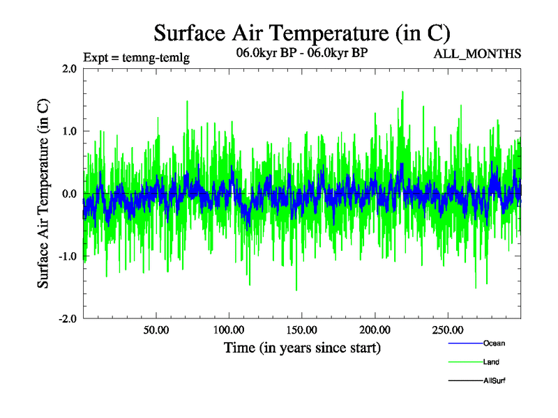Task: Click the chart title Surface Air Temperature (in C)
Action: pyautogui.click(x=302, y=33)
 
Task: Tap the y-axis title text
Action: pyautogui.click(x=43, y=194)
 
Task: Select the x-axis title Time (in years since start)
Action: pyautogui.click(x=302, y=347)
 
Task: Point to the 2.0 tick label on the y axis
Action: pyautogui.click(x=69, y=69)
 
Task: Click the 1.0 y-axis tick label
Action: pyautogui.click(x=69, y=131)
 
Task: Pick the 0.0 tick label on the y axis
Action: pyautogui.click(x=69, y=194)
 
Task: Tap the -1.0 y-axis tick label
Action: pyautogui.click(x=67, y=256)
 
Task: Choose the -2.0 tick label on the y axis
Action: pyautogui.click(x=67, y=318)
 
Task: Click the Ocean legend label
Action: pyautogui.click(x=494, y=343)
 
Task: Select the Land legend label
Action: pyautogui.click(x=491, y=362)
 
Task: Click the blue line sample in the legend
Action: pyautogui.click(x=464, y=343)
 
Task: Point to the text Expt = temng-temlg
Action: pyautogui.click(x=136, y=58)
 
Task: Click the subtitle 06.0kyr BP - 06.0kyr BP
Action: pyautogui.click(x=302, y=52)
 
